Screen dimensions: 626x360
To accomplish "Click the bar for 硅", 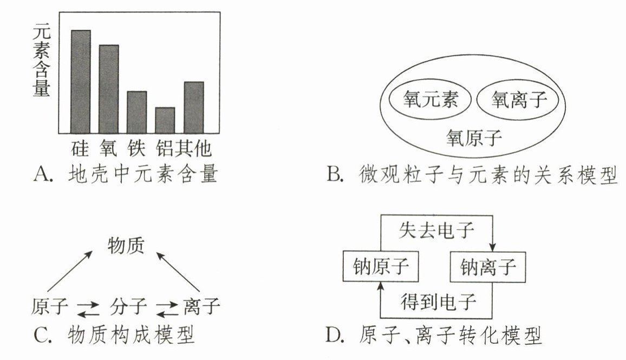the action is coord(81,81).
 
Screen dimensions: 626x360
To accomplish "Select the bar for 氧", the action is coord(109,89).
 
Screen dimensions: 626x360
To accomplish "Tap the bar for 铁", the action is coord(137,112).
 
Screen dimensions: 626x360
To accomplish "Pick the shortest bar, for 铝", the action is coord(165,120).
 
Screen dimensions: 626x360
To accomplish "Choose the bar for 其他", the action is coord(194,107).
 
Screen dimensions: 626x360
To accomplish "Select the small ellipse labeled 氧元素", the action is coord(431,100).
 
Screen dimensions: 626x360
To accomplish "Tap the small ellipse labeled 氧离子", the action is coord(517,100).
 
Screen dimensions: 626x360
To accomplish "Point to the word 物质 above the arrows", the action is coord(126,246).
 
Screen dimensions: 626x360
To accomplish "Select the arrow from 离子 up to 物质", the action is coord(179,273).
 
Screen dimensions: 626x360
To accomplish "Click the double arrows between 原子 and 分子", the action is coord(88,309).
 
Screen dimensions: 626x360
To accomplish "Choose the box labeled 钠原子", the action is coord(381,266).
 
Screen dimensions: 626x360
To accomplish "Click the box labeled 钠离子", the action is coord(488,266).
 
